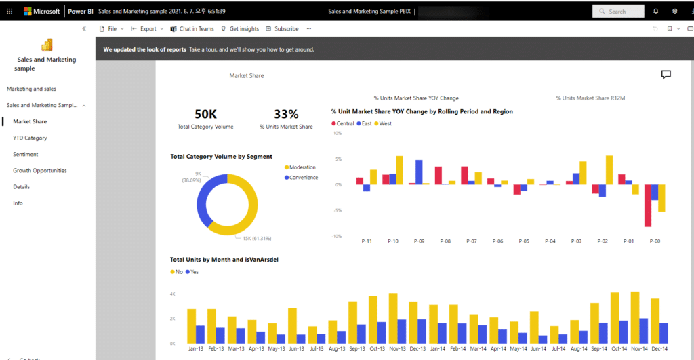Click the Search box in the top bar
618,12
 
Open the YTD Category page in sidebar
30,138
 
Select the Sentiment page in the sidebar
26,154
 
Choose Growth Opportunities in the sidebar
40,170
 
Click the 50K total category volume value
205,114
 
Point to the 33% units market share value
286,114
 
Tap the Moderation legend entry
302,167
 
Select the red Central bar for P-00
648,205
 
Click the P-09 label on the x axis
419,241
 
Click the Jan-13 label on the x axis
196,348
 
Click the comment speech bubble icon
666,75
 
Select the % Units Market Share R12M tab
590,98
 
